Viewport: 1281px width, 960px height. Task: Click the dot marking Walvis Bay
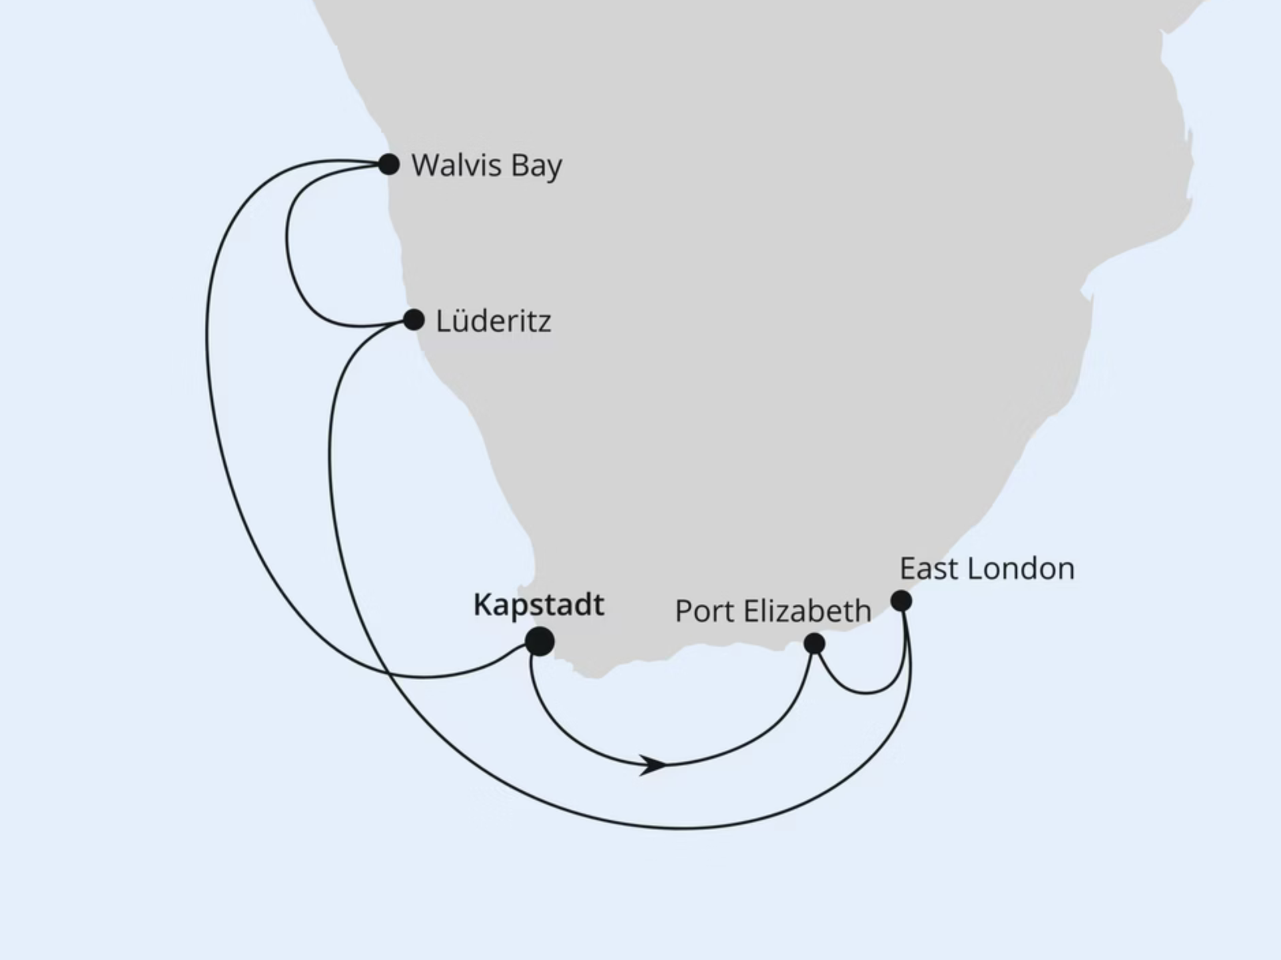388,164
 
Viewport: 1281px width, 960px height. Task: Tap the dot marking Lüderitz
414,320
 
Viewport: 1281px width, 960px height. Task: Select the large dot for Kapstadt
540,642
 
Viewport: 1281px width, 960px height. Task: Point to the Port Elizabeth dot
814,644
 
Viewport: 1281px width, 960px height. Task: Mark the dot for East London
901,601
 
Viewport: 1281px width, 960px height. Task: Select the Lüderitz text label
493,321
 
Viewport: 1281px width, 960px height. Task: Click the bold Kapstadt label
538,605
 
